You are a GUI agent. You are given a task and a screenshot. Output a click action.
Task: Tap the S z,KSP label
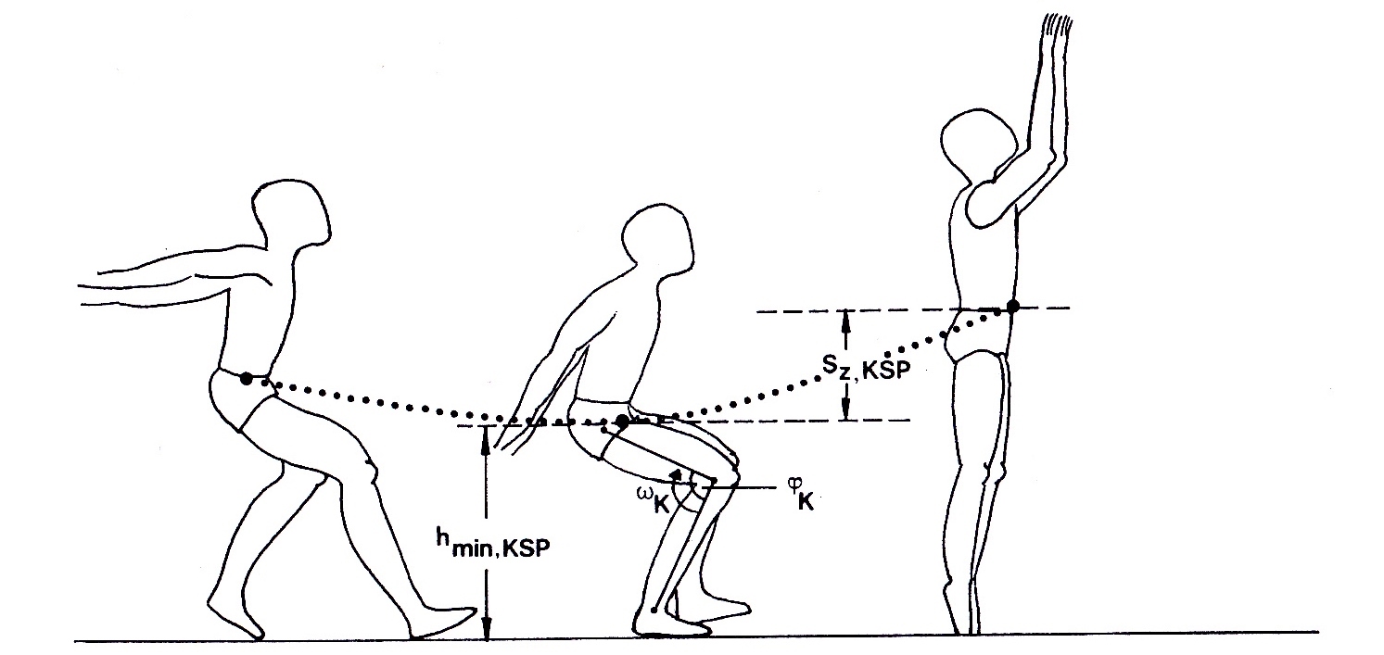pos(866,370)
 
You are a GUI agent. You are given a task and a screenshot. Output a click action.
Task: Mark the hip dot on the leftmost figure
pos(247,378)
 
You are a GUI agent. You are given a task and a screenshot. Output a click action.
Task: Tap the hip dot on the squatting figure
pos(623,422)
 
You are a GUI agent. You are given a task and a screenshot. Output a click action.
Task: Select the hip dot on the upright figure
pos(1012,306)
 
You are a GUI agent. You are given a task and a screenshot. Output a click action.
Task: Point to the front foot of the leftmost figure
pos(443,623)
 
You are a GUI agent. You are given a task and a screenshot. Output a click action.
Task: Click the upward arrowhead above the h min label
pos(487,439)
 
